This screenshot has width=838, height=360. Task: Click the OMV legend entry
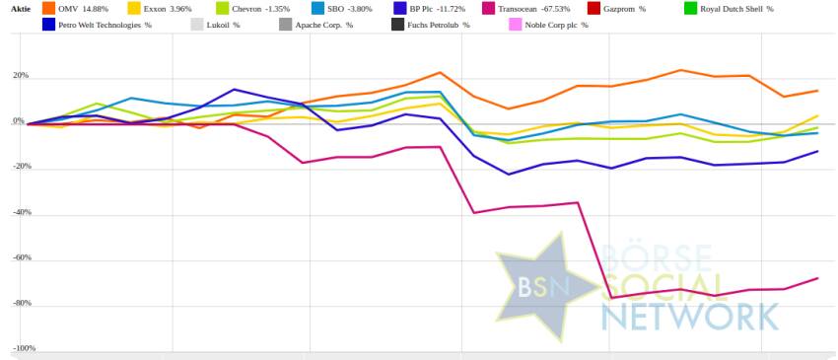[75, 9]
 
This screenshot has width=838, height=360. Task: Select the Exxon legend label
[160, 9]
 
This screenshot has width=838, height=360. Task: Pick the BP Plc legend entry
[429, 9]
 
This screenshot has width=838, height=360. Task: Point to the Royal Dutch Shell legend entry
[729, 9]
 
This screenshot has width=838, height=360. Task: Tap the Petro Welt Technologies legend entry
[97, 25]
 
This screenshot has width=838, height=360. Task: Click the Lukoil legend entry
[215, 25]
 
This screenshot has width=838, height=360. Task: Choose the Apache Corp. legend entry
[315, 25]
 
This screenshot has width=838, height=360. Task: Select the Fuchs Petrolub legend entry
[431, 25]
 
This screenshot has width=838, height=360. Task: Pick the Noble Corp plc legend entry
[549, 25]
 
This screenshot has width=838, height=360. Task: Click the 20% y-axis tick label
[21, 76]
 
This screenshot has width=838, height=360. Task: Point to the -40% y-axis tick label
[22, 212]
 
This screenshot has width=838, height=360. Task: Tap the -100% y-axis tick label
[24, 348]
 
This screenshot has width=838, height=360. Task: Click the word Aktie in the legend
[21, 9]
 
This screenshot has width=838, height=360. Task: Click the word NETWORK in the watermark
[690, 317]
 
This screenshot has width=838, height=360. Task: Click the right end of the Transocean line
[818, 278]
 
